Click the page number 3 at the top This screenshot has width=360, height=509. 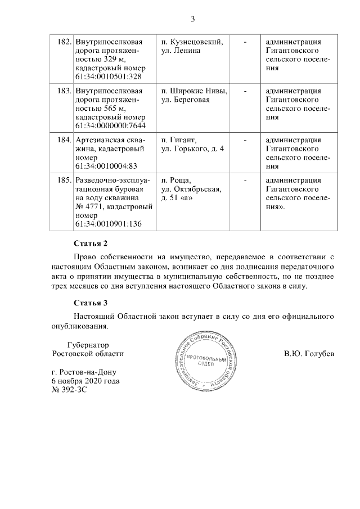[192, 19]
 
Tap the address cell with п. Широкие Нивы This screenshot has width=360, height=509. [194, 95]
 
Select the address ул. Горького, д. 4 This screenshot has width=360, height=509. [192, 148]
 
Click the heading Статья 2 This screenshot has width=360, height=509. [91, 244]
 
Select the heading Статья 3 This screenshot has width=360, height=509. [91, 303]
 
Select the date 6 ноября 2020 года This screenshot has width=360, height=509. [85, 381]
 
